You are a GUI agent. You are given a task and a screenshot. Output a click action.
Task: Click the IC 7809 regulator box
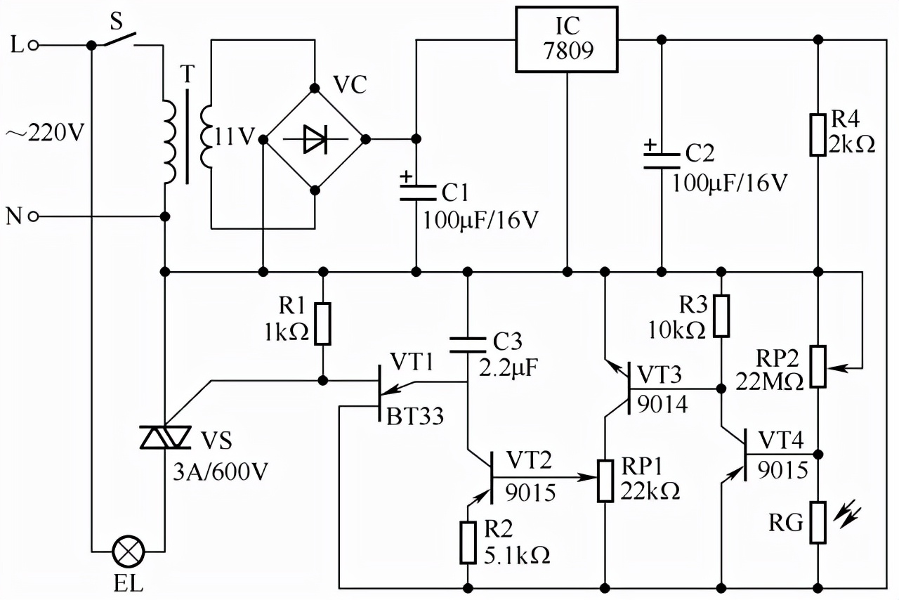tap(567, 39)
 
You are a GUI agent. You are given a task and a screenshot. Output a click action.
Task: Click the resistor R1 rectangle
tap(322, 323)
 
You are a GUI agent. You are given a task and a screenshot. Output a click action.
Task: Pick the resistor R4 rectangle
tap(818, 133)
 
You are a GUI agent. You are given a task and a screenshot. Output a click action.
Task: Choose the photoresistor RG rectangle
tap(818, 522)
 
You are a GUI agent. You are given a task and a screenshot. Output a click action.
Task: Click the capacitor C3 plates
tap(467, 345)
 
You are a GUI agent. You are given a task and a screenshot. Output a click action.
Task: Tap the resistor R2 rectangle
tap(468, 542)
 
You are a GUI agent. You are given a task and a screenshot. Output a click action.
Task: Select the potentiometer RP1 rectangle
tap(605, 480)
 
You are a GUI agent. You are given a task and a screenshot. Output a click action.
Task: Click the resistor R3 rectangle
tap(721, 315)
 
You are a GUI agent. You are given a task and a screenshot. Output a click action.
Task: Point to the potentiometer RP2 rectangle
tap(818, 366)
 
